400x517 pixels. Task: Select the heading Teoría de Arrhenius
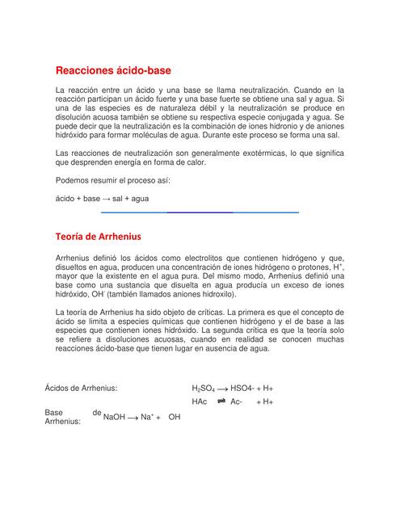coord(98,237)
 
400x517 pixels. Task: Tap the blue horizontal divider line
coord(200,212)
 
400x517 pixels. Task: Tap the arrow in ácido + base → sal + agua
coord(107,198)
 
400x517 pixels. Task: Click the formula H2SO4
coord(203,389)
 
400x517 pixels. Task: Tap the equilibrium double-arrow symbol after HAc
coord(221,401)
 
